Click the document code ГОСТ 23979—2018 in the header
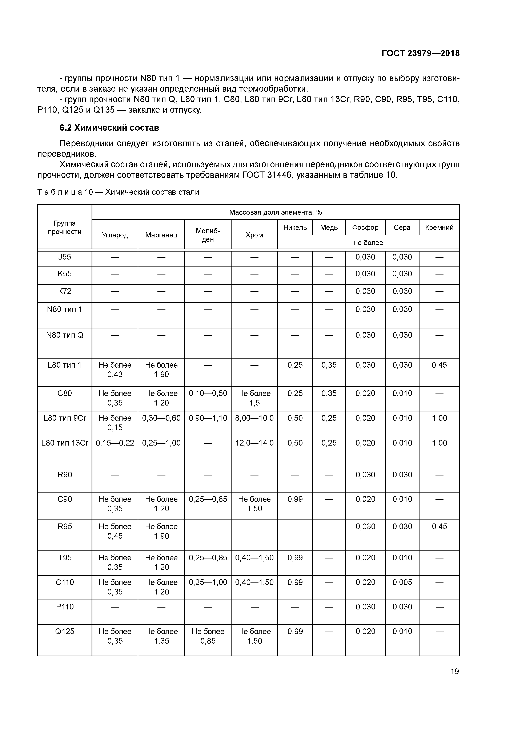point(420,53)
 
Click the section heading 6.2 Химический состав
point(109,128)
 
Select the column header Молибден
point(208,235)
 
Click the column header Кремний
point(439,228)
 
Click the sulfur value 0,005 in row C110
point(402,582)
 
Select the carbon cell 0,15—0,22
point(115,443)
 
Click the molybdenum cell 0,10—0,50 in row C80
point(208,393)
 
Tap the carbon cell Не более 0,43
point(115,369)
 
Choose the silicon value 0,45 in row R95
point(439,527)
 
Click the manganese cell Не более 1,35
point(161,636)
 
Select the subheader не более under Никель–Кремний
point(368,243)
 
